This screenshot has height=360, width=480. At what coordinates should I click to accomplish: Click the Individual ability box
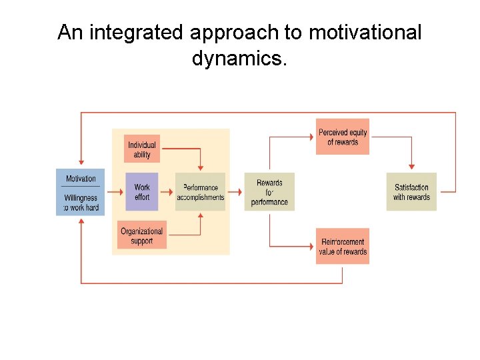[x=142, y=149]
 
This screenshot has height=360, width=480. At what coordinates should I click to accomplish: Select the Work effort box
[x=142, y=192]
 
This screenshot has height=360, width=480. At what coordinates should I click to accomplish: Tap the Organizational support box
[x=142, y=235]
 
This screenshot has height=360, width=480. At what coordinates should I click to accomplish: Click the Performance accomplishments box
[x=201, y=192]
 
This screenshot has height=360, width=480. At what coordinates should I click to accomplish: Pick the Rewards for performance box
[x=269, y=192]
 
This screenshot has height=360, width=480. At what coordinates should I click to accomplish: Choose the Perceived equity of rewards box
[x=343, y=137]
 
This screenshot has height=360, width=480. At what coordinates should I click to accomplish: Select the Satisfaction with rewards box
[x=411, y=192]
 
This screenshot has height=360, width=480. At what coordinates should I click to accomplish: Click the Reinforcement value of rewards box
[x=343, y=247]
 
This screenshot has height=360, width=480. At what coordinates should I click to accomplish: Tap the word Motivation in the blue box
[x=81, y=179]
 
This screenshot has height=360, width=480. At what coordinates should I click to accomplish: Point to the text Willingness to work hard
[x=81, y=203]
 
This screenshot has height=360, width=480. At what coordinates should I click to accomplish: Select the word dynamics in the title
[x=239, y=59]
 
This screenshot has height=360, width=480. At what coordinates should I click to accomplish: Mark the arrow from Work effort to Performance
[x=167, y=192]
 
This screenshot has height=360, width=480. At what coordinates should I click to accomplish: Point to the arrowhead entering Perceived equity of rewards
[x=311, y=137]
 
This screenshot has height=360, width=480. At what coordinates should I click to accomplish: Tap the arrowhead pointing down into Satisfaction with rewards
[x=411, y=167]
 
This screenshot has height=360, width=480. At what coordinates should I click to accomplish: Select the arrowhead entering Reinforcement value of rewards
[x=311, y=247]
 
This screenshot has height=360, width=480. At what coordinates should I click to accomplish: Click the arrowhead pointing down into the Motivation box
[x=81, y=162]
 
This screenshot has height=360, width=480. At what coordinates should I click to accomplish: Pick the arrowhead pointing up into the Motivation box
[x=81, y=221]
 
